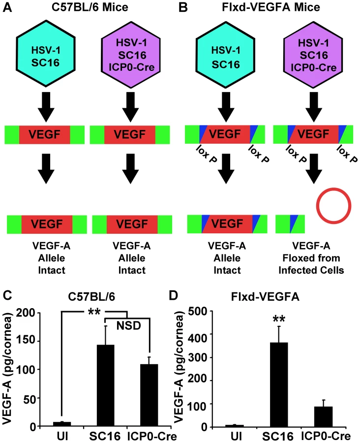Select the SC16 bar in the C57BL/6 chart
(106, 385)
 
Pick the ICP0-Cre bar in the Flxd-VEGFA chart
(324, 417)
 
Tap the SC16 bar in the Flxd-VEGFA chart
(279, 385)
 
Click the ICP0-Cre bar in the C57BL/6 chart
(149, 395)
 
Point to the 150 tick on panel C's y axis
(39, 341)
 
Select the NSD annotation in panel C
(129, 326)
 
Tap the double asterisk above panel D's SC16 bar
(279, 319)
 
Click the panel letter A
(7, 7)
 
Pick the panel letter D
(174, 295)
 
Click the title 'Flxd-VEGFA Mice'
(271, 7)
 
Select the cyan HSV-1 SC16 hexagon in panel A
(45, 53)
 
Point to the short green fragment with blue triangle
(290, 224)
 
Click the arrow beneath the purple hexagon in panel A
(130, 107)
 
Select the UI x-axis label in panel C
(62, 436)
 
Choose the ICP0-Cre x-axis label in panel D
(325, 436)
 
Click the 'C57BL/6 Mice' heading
(90, 7)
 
